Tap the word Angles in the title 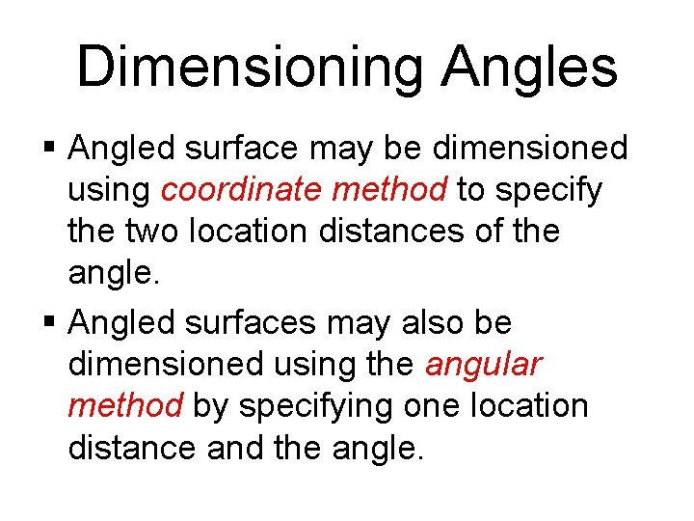(529, 68)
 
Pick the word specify (548, 191)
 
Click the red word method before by (124, 405)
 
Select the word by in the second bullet (211, 406)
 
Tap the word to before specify (470, 191)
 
